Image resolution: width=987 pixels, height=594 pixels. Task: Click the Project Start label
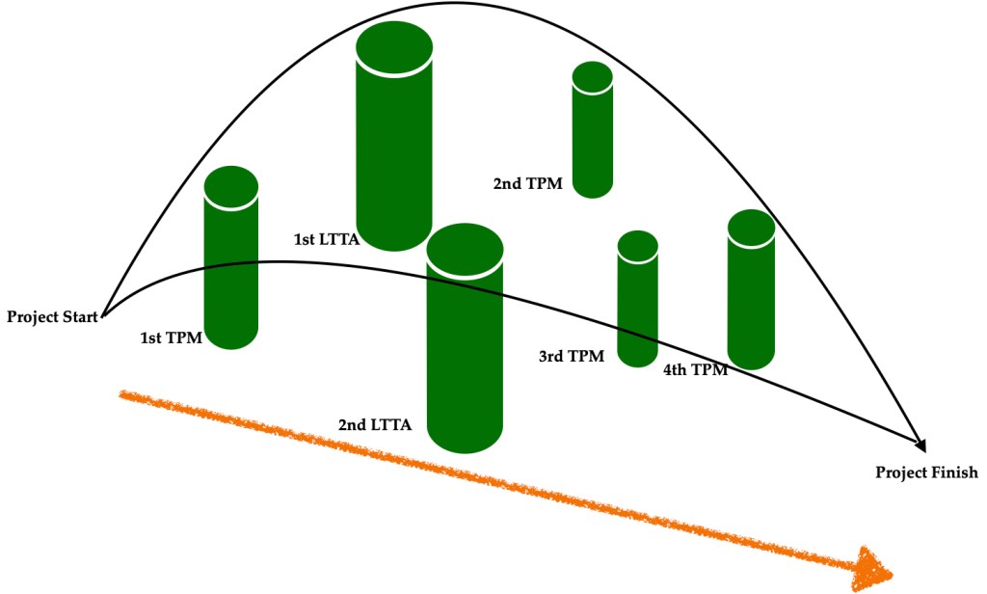[52, 317]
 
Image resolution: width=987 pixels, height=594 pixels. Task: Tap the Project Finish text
[926, 472]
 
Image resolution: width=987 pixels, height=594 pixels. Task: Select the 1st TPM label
[171, 338]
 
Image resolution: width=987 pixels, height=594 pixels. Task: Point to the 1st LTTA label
[326, 239]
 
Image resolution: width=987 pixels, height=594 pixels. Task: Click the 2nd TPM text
[527, 184]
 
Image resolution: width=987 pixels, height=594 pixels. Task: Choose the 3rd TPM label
[572, 357]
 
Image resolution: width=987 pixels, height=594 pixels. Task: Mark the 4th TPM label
[696, 370]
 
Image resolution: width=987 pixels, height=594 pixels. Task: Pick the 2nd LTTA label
[375, 425]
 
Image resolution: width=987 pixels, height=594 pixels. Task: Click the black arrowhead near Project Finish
[920, 445]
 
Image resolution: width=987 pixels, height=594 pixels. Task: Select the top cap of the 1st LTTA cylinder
[394, 48]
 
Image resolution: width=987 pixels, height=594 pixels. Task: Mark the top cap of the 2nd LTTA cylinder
[465, 250]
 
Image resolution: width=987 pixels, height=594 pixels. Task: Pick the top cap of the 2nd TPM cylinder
[593, 76]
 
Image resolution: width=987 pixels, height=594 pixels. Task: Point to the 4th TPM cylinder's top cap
[751, 227]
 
